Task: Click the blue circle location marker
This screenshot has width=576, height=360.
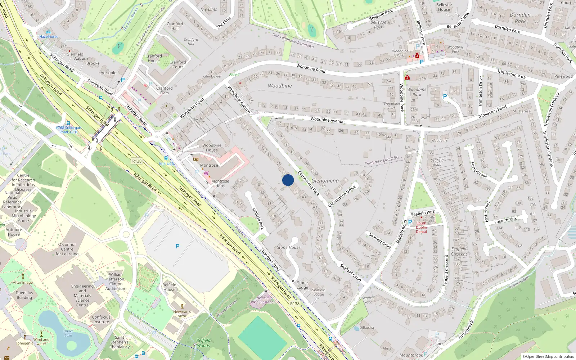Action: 288,180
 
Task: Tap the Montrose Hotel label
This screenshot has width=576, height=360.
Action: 220,184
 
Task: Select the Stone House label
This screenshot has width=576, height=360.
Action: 288,247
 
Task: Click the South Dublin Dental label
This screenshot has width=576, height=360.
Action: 421,227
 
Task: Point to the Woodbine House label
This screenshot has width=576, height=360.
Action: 212,148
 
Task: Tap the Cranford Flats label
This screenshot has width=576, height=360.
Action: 164,90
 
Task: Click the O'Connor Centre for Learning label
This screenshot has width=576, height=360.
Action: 67,249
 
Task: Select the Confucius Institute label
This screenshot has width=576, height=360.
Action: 101,320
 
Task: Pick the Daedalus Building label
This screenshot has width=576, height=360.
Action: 24,295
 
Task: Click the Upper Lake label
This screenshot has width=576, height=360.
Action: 68,333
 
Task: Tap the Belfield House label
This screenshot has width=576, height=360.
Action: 169,287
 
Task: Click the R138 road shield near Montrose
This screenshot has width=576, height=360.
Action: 137,161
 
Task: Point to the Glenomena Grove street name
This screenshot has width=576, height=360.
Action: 342,196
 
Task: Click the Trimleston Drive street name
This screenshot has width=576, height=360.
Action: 480,91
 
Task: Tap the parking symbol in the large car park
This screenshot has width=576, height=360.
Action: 177,246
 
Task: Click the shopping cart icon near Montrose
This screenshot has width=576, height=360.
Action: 206,173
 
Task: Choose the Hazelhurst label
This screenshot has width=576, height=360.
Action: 48,36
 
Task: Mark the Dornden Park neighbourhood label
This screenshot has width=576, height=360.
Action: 520,18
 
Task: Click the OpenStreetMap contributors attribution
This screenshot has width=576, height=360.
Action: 548,356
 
